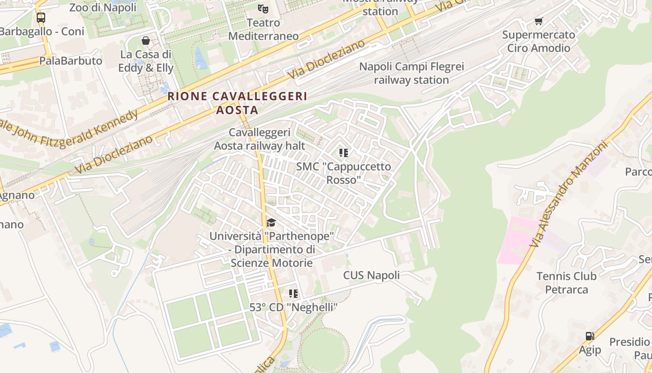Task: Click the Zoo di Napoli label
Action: [x=102, y=7]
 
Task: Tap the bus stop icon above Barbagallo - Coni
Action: [x=41, y=18]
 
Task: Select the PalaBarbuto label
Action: [x=71, y=61]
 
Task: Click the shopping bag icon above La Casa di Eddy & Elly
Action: [x=146, y=41]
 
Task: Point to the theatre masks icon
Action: [x=263, y=8]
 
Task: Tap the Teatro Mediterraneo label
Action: [x=264, y=29]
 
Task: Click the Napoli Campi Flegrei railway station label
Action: [x=411, y=73]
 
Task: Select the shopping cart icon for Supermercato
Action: [x=539, y=21]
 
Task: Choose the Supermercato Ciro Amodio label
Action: [x=539, y=41]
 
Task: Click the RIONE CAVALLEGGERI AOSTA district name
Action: [x=238, y=103]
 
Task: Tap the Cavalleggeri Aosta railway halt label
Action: [x=259, y=139]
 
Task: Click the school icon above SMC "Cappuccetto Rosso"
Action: [x=344, y=153]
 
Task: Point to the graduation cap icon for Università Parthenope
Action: [x=271, y=222]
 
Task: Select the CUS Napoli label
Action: [x=371, y=275]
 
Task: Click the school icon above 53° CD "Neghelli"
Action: [x=293, y=293]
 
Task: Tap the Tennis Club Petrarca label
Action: [x=566, y=283]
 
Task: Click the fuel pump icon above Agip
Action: [x=590, y=336]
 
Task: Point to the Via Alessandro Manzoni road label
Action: [x=569, y=193]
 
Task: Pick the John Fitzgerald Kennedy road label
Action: [x=70, y=131]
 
